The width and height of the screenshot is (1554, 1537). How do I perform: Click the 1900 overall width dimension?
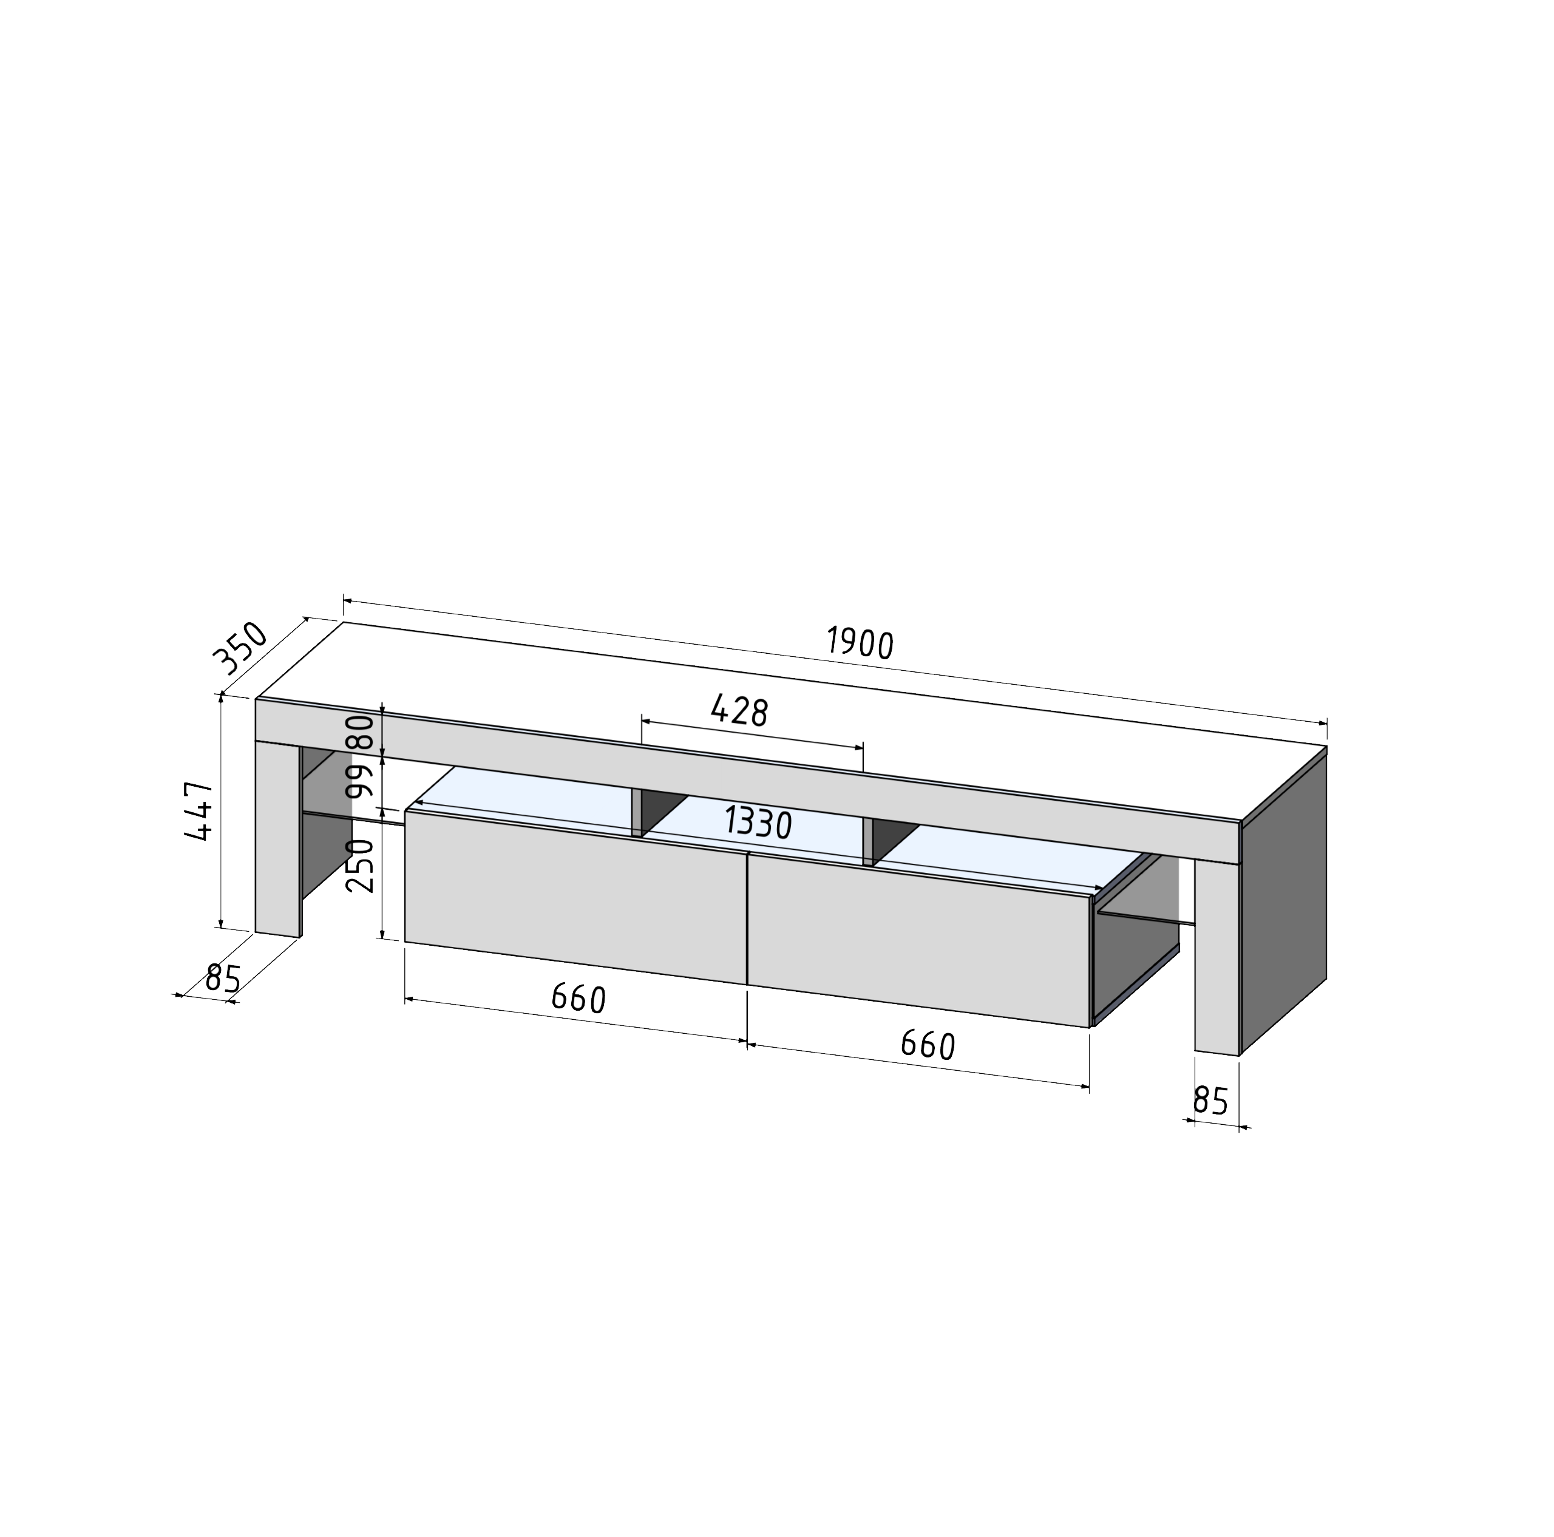(x=860, y=644)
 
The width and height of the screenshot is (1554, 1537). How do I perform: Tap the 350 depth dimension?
(x=240, y=648)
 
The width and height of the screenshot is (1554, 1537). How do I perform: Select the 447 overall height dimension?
(x=198, y=811)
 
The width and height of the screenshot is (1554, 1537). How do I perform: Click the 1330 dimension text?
(x=758, y=823)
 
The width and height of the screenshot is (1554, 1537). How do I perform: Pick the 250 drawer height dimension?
(x=361, y=866)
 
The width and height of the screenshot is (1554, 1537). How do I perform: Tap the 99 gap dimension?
(x=361, y=779)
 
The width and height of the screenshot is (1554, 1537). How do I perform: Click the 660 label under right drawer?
(x=928, y=1045)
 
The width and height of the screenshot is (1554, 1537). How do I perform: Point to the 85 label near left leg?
(x=223, y=979)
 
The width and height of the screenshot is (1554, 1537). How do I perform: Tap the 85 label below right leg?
(x=1210, y=1101)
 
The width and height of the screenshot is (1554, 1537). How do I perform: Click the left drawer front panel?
(x=575, y=897)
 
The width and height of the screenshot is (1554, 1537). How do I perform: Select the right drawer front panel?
(x=917, y=941)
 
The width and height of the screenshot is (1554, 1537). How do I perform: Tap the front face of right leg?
(x=1216, y=957)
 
